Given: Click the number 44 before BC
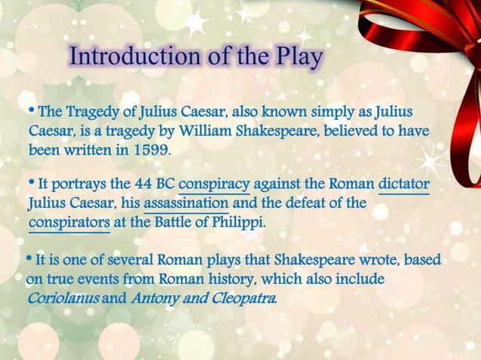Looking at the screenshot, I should click(x=142, y=185).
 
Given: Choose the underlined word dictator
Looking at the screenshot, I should click(x=404, y=185).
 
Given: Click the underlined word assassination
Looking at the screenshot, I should click(x=186, y=204).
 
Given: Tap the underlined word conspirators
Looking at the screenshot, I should click(x=69, y=223).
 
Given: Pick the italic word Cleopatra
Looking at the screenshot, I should click(x=241, y=298).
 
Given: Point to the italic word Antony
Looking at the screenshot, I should click(x=155, y=298).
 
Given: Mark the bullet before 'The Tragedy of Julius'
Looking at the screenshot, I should click(x=31, y=111).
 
